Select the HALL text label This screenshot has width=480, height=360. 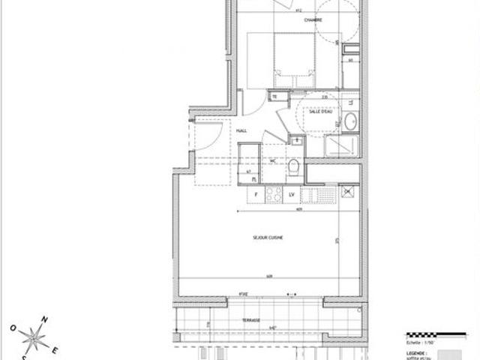(x=242, y=130)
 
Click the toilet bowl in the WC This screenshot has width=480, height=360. (x=294, y=169)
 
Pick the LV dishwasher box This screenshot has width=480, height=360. (x=292, y=196)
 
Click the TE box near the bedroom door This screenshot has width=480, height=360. (x=275, y=97)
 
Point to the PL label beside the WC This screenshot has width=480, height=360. (x=254, y=180)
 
